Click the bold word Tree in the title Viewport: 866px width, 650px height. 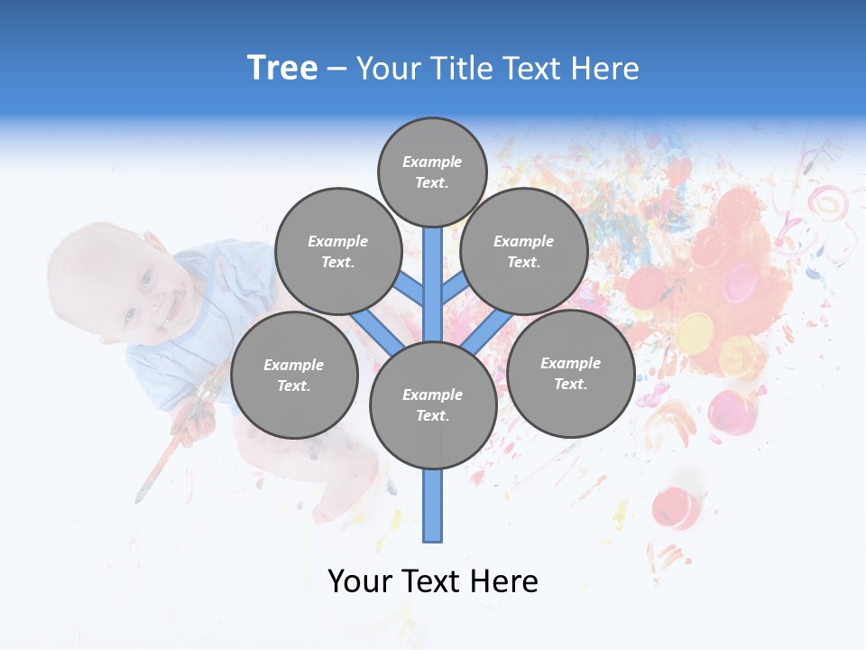coord(282,69)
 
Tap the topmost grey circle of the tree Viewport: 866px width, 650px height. coord(432,172)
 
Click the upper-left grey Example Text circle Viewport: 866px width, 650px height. coord(338,251)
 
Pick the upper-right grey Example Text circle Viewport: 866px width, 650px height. coord(524,251)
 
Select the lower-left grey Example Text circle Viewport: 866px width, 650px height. coord(294,375)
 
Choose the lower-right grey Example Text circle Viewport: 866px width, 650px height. coord(571,373)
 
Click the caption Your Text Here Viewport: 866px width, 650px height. coord(433,581)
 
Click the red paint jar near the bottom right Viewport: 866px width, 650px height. coord(677,507)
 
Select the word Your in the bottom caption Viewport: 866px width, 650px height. coord(362,581)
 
